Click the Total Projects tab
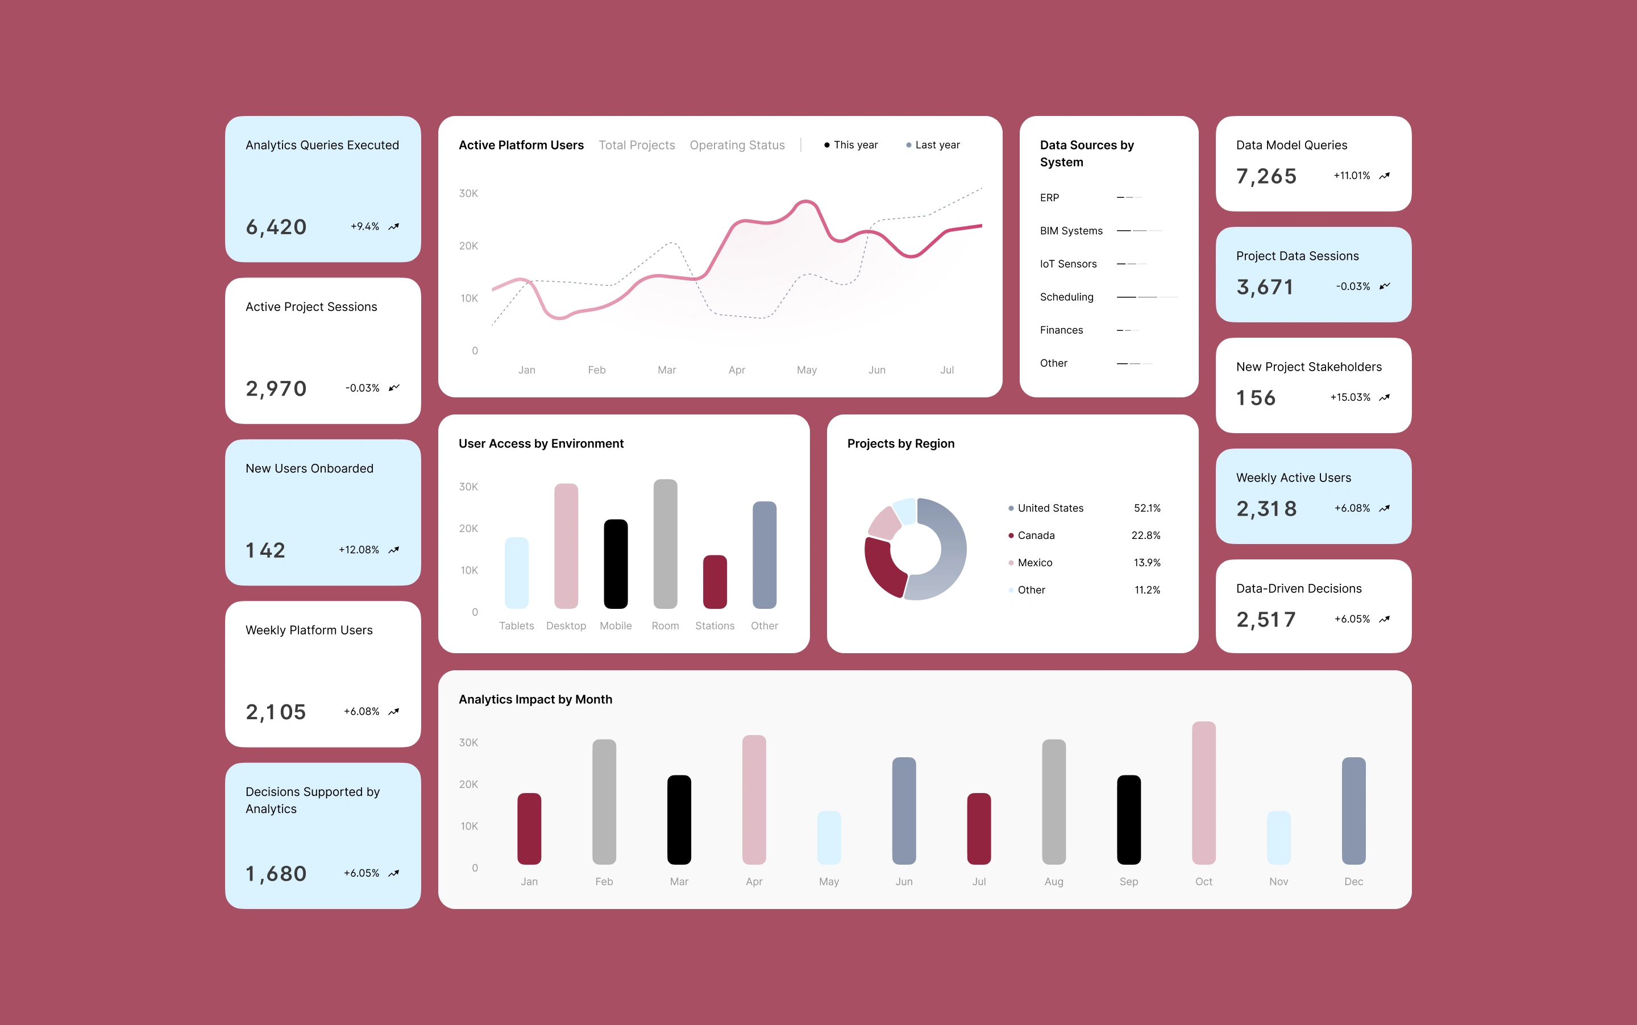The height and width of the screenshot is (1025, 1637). (637, 145)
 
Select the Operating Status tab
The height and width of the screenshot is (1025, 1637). (737, 145)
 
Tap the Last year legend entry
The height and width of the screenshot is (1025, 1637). (933, 145)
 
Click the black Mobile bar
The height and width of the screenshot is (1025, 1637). (616, 564)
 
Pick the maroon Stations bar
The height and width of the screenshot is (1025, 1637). (714, 582)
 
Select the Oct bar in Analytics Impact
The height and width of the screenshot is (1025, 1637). (1203, 793)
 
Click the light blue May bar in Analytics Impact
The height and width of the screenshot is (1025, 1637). (828, 838)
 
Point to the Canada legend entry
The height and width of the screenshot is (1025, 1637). (1032, 536)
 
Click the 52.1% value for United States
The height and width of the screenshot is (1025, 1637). (1147, 508)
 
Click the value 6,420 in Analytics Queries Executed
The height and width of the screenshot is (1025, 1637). (276, 227)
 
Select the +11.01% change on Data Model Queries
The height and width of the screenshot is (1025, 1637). (1352, 176)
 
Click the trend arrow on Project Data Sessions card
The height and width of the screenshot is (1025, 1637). (1384, 286)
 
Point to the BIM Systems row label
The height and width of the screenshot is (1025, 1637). (1071, 231)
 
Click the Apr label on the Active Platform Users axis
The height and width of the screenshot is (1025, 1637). (736, 370)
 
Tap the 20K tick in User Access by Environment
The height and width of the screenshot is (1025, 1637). (468, 529)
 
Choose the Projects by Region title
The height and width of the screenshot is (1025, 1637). (900, 444)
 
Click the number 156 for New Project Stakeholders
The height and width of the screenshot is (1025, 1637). (1256, 398)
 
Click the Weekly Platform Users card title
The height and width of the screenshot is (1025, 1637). (309, 630)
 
